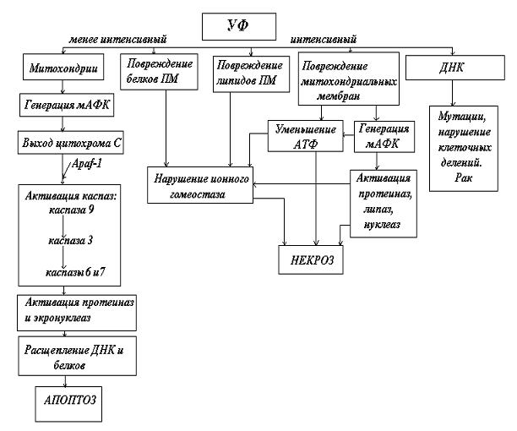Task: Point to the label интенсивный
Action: (323, 40)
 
